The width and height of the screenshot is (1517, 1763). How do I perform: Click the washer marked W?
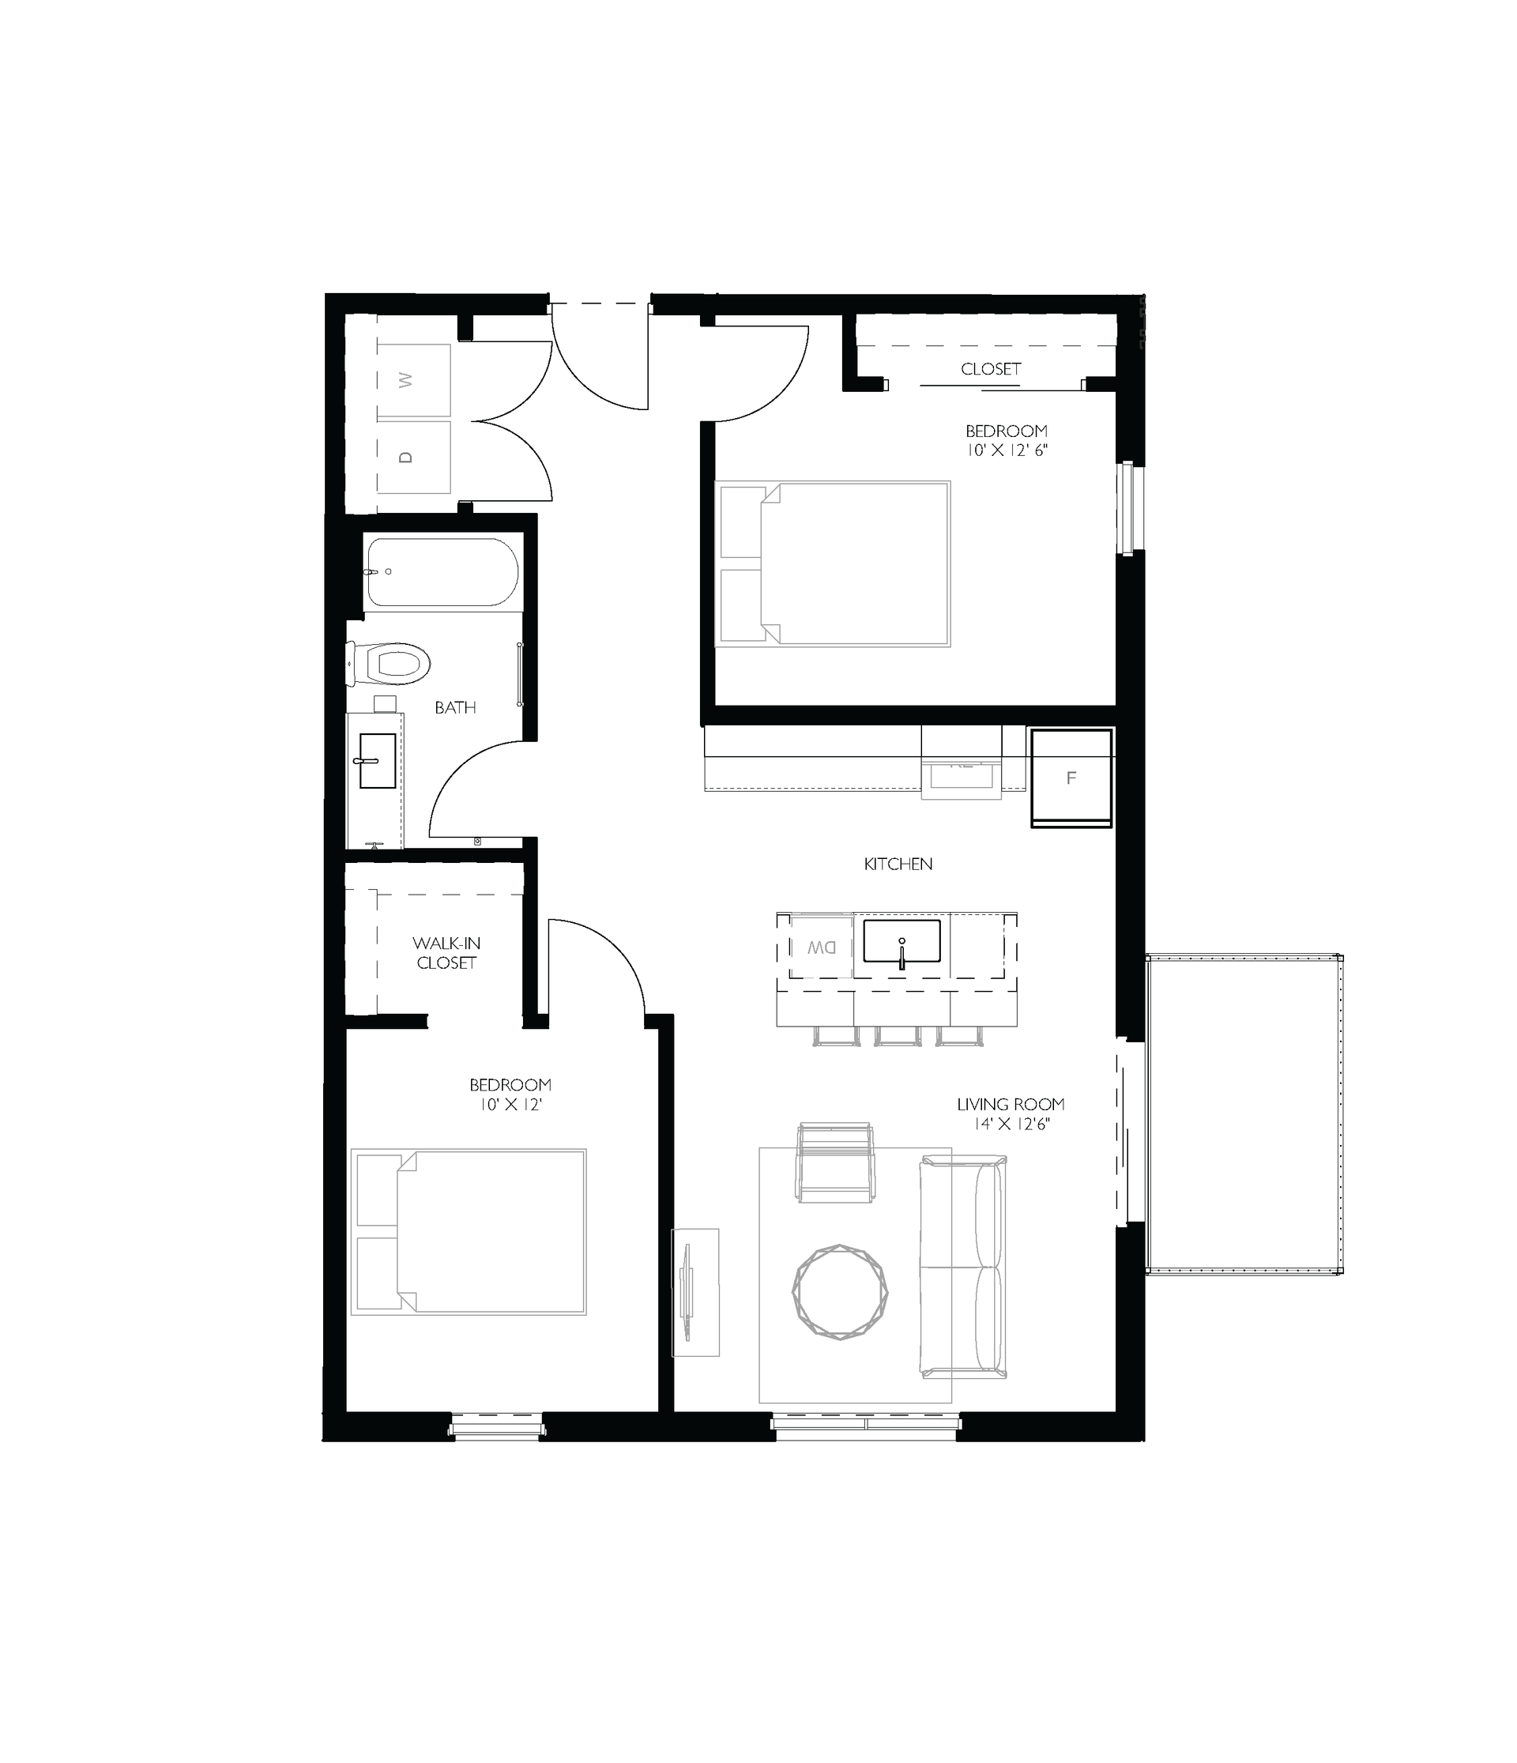coord(413,380)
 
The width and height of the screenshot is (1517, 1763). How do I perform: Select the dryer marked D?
coord(413,457)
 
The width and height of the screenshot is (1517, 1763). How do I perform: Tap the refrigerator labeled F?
coord(1071,778)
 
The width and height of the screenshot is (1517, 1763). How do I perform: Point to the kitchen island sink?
coord(902,941)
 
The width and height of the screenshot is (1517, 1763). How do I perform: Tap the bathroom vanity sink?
coord(377,761)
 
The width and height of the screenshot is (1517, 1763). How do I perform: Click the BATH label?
coord(455,707)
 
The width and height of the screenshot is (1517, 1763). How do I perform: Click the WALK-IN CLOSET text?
coord(446,953)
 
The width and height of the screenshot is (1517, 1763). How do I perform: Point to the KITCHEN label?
coord(898,864)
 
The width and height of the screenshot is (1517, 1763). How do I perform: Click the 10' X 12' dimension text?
coord(510,1105)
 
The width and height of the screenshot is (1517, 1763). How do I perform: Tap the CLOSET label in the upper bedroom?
coord(990,368)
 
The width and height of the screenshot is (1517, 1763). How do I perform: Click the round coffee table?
coord(840,1291)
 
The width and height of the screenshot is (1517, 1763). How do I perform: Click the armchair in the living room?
coord(834,1163)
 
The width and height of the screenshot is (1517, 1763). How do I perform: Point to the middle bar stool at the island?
coord(898,1034)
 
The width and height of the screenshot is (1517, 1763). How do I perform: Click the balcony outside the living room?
coord(1244,1115)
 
